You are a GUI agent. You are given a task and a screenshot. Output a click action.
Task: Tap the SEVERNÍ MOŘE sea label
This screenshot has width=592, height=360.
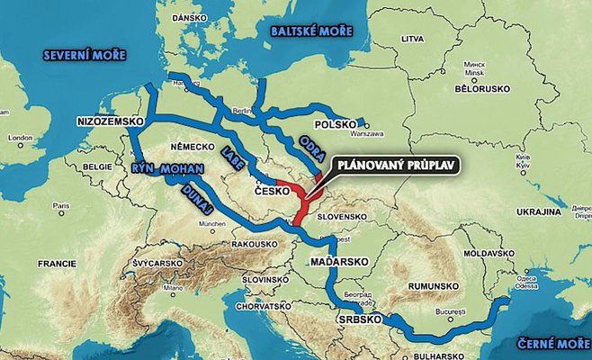tap(86, 56)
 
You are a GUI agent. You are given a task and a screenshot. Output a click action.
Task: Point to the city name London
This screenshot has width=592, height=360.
tap(20, 139)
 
